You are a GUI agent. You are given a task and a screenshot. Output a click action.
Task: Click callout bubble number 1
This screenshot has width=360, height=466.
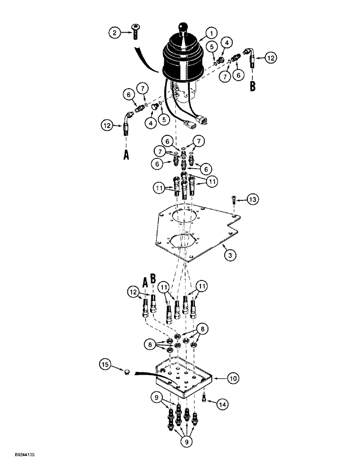click(x=211, y=33)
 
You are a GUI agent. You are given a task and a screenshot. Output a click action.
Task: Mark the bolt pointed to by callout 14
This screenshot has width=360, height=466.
click(x=204, y=398)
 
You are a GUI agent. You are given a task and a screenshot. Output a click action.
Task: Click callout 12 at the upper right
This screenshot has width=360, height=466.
click(x=271, y=58)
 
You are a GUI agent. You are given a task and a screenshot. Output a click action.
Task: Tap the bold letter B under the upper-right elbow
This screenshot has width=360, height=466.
click(x=253, y=86)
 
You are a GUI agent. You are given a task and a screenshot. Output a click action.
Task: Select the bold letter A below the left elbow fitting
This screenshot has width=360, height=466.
click(x=126, y=155)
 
